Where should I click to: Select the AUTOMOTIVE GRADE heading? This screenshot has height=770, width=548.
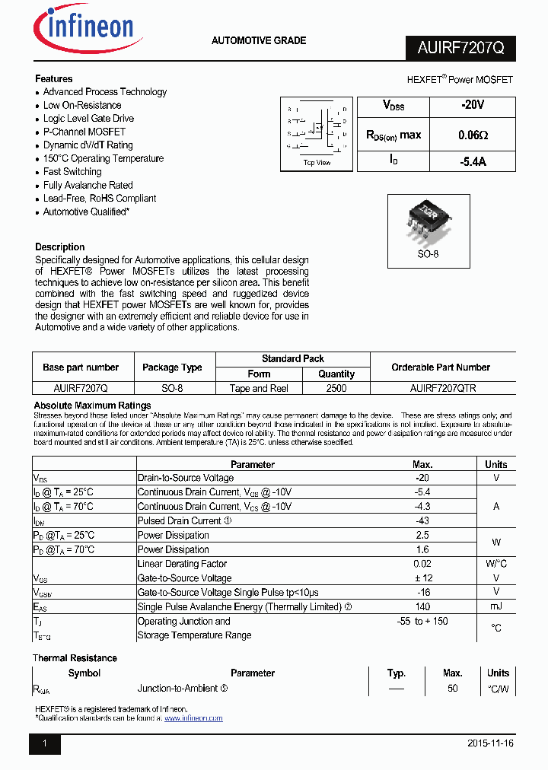point(259,40)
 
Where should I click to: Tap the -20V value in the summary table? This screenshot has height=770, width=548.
point(472,107)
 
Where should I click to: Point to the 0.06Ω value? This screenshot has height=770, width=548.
point(473,135)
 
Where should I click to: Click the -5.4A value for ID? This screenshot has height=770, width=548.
point(473,161)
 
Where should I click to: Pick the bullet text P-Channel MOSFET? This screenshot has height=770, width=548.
point(84,132)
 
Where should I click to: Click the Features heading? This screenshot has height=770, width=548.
point(54,78)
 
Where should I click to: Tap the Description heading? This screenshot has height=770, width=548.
point(60,247)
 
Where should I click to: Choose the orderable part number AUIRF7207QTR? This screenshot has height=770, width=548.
point(443,388)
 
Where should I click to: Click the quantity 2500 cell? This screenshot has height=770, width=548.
point(336,388)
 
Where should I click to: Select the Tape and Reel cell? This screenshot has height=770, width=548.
point(259,388)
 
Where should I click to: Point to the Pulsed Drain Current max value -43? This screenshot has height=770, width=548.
point(422,521)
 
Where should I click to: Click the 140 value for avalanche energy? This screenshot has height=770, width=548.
point(422,606)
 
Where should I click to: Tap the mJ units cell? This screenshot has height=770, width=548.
point(496,606)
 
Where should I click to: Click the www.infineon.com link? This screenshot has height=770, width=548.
point(193,718)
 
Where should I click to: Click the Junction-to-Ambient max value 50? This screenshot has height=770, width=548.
point(452,688)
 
